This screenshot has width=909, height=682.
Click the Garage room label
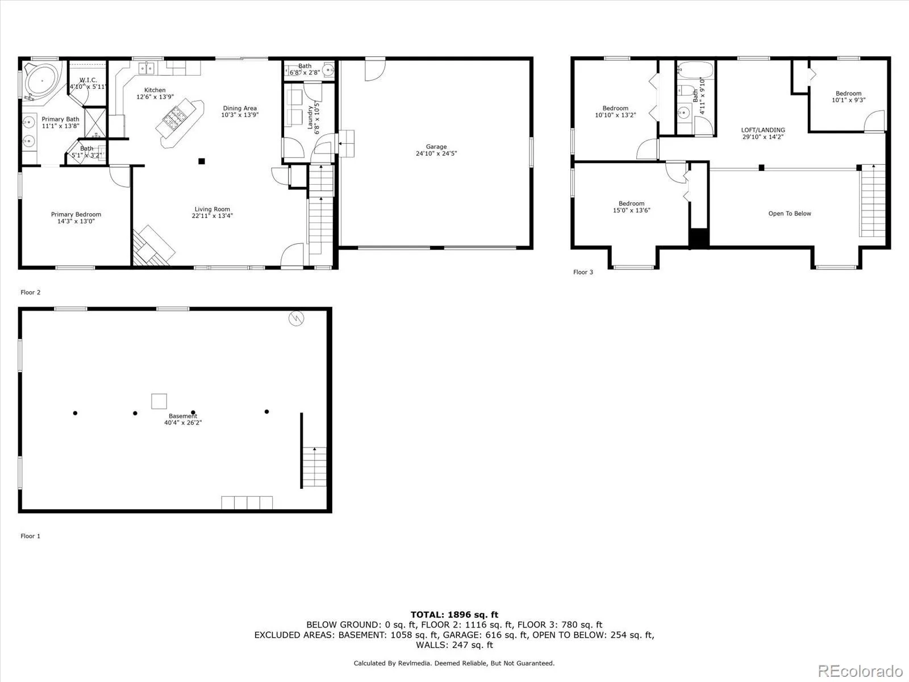436,147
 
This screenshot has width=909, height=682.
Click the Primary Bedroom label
76,214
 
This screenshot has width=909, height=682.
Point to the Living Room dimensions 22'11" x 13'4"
212,216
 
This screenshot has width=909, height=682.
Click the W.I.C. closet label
88,80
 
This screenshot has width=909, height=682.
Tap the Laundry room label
310,117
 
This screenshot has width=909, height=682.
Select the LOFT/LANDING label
763,130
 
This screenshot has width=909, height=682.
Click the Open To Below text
789,214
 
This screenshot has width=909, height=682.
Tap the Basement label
182,416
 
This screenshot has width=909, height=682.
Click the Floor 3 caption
583,272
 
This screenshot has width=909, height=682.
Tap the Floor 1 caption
30,536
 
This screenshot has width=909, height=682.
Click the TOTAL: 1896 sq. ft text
454,614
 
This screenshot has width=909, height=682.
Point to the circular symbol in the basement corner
295,319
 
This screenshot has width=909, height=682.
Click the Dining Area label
240,108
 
